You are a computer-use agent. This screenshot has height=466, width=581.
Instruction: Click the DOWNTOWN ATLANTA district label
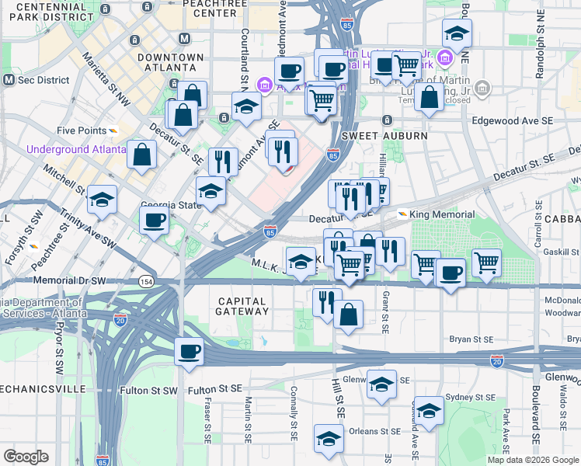170,63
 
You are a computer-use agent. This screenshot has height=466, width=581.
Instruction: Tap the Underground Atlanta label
76,149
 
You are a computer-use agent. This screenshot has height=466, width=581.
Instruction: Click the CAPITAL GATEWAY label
243,306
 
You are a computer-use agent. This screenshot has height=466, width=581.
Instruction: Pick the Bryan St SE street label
471,339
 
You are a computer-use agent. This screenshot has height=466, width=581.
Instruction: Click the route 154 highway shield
146,280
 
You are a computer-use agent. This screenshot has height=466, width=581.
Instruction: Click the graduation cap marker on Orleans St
329,439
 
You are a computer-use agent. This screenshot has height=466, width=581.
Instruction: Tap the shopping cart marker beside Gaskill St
486,263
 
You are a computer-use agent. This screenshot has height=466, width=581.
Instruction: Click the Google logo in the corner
26,457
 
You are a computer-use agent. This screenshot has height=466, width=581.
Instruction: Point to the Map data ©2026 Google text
533,460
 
